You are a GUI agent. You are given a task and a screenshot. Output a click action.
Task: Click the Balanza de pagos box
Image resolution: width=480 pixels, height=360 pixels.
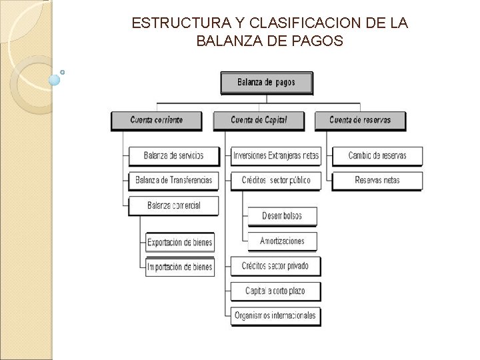coord(266,83)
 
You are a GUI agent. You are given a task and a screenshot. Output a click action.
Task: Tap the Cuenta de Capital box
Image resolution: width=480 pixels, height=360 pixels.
coord(259,120)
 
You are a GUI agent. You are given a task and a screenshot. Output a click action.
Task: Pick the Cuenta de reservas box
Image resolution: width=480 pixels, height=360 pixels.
coord(360,120)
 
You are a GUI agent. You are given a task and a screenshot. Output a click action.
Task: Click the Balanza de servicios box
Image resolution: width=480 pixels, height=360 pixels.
coord(173,156)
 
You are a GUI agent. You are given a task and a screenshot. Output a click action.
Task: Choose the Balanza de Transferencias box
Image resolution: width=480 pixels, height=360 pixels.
coord(173,180)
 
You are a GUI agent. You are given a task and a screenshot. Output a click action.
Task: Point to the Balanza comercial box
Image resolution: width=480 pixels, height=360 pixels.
coord(173,205)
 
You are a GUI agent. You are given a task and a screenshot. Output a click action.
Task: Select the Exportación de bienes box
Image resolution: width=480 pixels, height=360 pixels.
coord(180,242)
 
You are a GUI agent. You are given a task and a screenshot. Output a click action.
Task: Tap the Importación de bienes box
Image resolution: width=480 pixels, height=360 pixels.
coord(180,267)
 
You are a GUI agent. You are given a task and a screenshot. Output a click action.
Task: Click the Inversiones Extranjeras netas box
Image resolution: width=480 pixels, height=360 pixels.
coord(275,156)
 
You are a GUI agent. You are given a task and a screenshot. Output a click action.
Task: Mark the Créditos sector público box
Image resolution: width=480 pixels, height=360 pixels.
coord(275,180)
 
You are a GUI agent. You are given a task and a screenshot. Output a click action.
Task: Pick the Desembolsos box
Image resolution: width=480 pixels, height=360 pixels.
coord(282,216)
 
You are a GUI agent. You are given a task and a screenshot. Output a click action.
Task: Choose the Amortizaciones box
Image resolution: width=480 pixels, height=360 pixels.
coord(282,241)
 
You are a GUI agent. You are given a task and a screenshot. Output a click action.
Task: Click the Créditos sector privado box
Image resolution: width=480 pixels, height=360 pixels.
coord(275,266)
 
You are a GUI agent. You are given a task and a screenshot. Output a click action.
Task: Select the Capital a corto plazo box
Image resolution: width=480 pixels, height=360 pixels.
coord(275,291)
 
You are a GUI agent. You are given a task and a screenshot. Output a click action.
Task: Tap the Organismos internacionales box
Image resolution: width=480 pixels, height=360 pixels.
coord(275,315)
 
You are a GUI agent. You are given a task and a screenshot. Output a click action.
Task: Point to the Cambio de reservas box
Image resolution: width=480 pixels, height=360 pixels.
coord(377,156)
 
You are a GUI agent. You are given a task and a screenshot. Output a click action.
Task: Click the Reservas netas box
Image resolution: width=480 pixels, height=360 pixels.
coord(377,180)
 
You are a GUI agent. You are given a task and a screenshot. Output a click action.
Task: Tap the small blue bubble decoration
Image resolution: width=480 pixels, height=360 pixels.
coord(55,80)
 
